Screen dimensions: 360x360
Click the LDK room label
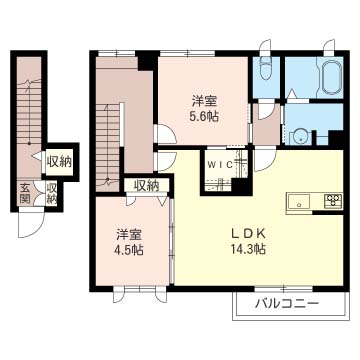click(248, 233)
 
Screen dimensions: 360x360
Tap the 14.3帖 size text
click(249, 249)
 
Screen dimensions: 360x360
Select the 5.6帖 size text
click(205, 116)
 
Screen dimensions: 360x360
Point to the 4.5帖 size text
click(130, 249)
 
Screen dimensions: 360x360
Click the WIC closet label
click(220, 164)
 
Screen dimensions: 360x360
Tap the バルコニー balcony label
click(287, 304)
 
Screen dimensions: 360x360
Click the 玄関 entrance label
click(25, 193)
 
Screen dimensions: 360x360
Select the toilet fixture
click(266, 68)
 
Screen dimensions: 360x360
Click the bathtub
click(331, 77)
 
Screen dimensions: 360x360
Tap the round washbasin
click(300, 137)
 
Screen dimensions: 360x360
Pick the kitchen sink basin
click(299, 202)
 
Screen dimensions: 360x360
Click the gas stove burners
click(333, 201)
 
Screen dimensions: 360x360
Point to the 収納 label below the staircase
click(146, 186)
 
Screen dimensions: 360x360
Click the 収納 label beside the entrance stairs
click(59, 162)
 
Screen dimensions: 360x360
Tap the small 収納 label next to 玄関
click(51, 194)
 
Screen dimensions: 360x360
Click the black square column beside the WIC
click(241, 187)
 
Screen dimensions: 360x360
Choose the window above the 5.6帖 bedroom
click(187, 53)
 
